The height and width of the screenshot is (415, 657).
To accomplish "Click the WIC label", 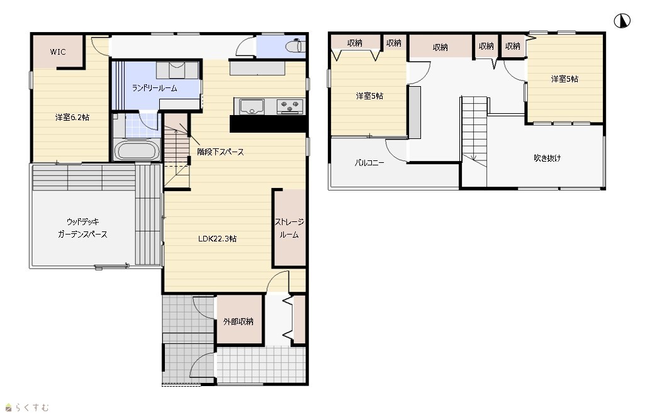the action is [58, 52].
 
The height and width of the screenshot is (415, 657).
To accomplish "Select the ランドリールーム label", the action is [155, 88].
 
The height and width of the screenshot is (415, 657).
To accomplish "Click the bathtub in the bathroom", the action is [137, 150].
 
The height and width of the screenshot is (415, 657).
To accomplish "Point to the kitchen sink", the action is [251, 106].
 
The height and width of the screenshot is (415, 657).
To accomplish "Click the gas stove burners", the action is [289, 106].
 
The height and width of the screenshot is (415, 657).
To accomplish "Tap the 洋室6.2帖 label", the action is [72, 117].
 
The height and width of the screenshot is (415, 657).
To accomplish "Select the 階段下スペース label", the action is [220, 152].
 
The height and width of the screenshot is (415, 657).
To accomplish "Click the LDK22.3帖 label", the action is [218, 239].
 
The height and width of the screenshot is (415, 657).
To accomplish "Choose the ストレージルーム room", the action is [289, 228].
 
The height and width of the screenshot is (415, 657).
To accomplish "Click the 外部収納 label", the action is [238, 321].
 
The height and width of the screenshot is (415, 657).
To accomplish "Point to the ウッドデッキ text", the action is [82, 221].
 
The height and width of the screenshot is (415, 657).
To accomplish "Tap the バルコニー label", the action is [369, 162].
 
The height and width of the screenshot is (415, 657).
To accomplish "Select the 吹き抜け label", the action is [547, 158].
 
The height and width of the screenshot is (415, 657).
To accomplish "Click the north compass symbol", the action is [622, 21].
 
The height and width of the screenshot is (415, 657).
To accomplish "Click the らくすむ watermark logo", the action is [27, 407].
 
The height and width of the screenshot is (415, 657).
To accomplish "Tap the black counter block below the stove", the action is [267, 123].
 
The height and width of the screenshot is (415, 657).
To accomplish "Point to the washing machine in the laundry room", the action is [177, 70].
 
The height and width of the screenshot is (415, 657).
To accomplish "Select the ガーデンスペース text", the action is [82, 235].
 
